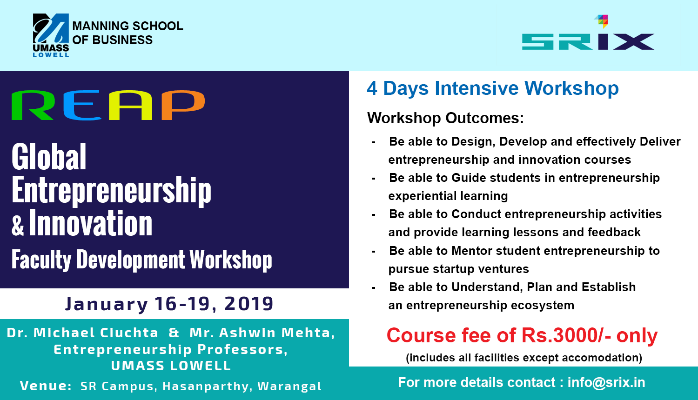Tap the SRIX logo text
coord(588,42)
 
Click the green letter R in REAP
coord(33,105)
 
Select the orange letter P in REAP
coord(183,105)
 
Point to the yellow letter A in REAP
coord(131,105)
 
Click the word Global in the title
coord(49,157)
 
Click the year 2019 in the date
coord(248,304)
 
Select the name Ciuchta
coord(129,333)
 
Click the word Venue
coord(46,386)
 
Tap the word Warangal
coord(289,387)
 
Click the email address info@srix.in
coord(606,382)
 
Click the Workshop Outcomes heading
coord(446,118)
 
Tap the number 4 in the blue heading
coord(372,88)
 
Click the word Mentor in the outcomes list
coord(472,251)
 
